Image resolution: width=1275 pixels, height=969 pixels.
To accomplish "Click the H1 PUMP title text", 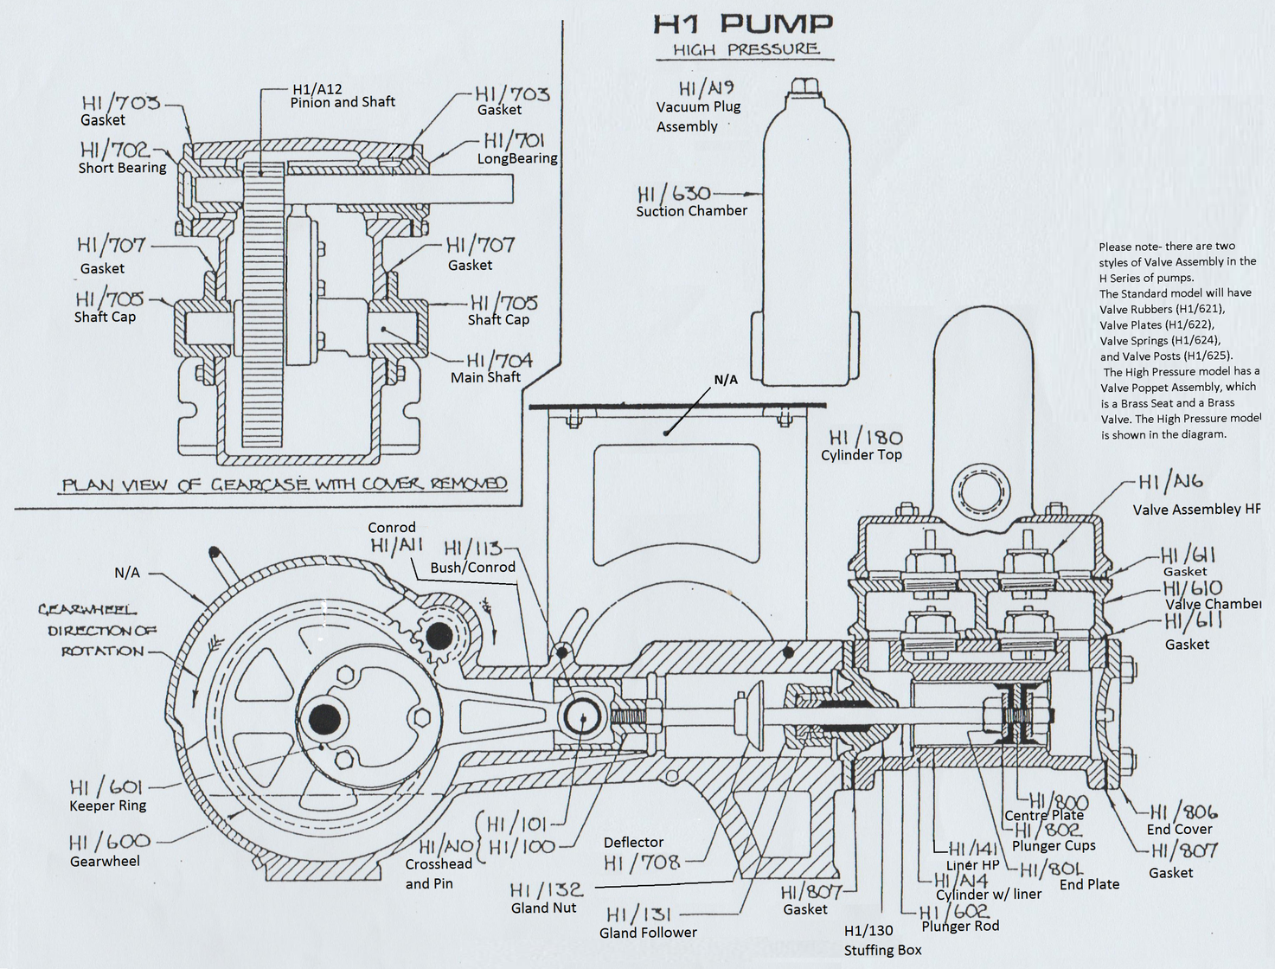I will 743,24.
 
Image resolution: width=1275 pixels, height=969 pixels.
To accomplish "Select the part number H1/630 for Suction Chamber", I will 674,194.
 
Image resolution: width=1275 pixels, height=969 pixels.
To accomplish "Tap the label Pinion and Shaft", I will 343,102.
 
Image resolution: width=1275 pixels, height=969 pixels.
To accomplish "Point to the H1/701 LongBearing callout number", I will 514,140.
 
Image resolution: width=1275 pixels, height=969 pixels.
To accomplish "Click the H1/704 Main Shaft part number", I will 499,360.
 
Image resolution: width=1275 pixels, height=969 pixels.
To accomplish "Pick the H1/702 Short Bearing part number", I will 114,150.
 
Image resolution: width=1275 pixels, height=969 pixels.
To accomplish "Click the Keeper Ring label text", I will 108,805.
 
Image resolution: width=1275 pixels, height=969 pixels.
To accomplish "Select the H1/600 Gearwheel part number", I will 109,842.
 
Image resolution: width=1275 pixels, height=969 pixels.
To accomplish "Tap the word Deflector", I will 633,842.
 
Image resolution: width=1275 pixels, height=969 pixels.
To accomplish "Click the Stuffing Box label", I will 882,950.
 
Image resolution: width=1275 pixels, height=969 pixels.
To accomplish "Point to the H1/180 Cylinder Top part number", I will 865,438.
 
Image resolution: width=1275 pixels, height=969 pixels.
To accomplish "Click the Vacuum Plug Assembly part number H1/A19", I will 706,88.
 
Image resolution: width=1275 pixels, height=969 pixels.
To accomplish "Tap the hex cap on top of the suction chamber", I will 805,85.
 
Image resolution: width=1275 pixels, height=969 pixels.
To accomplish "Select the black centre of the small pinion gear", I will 439,636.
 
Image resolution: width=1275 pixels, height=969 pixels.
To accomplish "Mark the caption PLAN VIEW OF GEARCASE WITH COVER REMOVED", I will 284,484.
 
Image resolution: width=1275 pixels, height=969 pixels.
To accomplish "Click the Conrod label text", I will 391,528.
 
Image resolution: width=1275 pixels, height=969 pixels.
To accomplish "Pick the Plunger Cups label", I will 1054,845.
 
